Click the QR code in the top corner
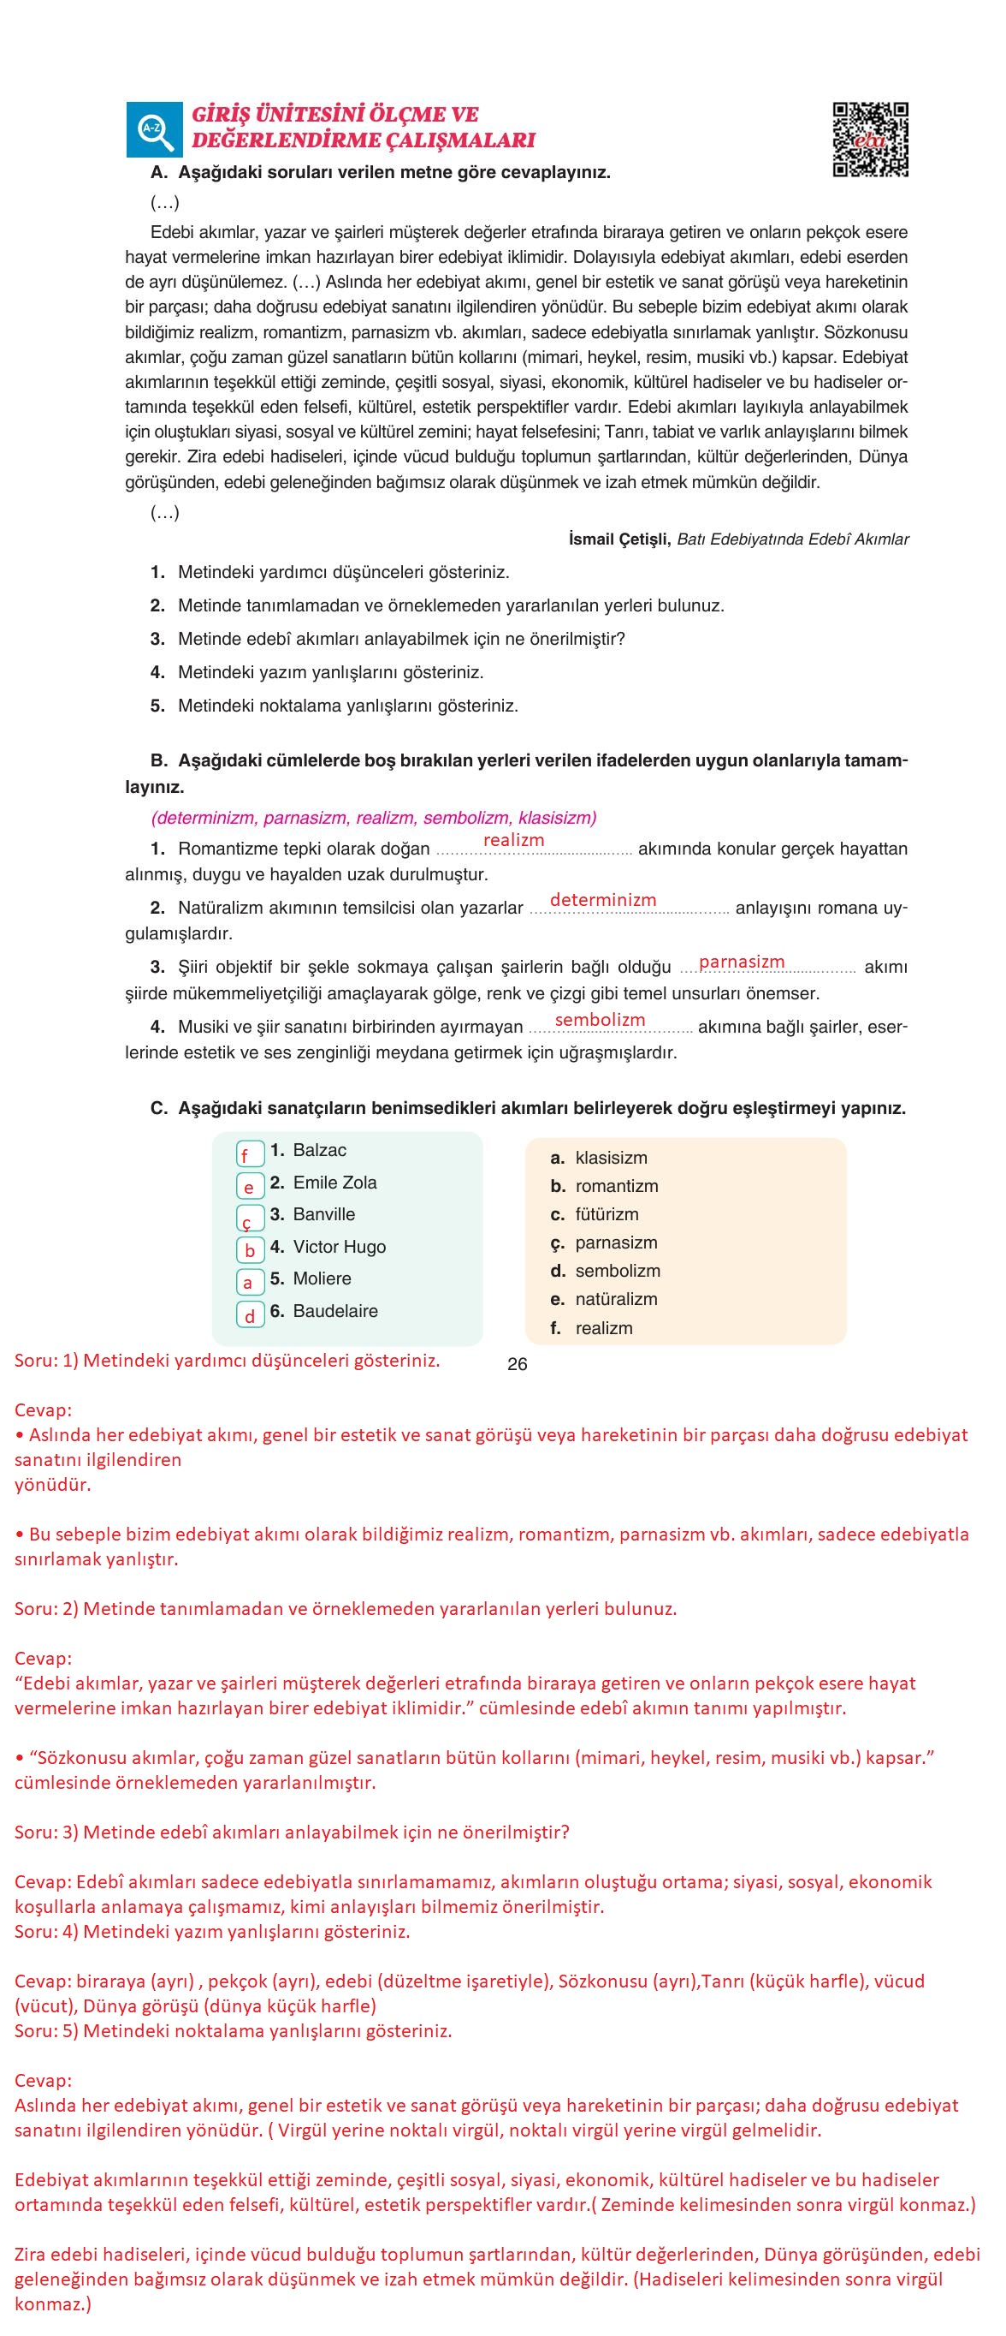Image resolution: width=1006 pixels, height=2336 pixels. pos(870,139)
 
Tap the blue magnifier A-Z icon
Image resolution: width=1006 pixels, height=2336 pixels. pos(153,128)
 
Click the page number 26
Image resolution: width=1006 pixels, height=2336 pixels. pos(518,1364)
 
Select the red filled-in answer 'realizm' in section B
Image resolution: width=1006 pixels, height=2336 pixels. pos(514,840)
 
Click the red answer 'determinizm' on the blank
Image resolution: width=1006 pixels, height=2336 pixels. pos(603,900)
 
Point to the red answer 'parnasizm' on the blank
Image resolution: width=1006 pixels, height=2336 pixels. pos(742,962)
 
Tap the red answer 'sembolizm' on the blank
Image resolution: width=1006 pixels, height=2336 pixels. pos(600,1019)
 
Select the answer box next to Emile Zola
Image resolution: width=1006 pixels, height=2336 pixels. pos(250,1186)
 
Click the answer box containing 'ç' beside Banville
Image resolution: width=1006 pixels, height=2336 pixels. pos(250,1219)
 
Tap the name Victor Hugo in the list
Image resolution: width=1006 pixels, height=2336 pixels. pos(339,1247)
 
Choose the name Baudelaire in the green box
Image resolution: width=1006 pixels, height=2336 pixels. pos(335,1310)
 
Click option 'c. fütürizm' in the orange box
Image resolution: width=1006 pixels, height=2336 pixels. pos(606,1214)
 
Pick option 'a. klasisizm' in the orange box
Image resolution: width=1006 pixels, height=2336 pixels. pos(610,1158)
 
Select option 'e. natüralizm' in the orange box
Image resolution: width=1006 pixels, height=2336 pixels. pos(615,1298)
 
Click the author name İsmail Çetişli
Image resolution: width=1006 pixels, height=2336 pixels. pos(619,539)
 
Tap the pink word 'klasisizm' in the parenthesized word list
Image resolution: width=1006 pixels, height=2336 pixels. pos(554,817)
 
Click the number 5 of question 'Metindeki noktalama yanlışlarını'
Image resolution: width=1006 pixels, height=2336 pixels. pos(157,706)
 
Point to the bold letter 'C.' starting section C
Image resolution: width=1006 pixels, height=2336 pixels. pos(158,1108)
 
